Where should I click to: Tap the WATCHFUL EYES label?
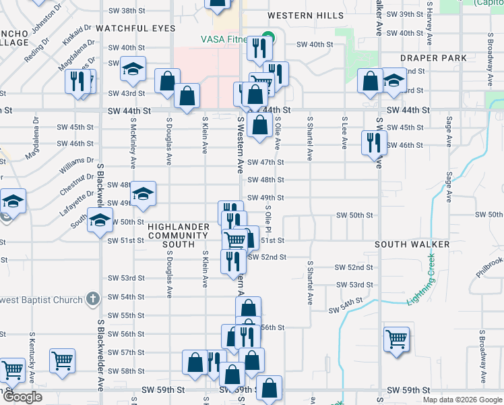(x=135, y=28)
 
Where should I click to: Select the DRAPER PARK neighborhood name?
(x=433, y=58)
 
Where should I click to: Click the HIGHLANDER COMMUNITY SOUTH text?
(x=178, y=235)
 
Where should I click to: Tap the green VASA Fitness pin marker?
(x=268, y=38)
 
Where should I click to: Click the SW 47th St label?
(x=265, y=163)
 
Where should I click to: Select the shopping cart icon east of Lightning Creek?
(x=396, y=338)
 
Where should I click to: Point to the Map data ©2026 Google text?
(x=462, y=400)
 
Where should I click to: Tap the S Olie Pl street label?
(x=268, y=223)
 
